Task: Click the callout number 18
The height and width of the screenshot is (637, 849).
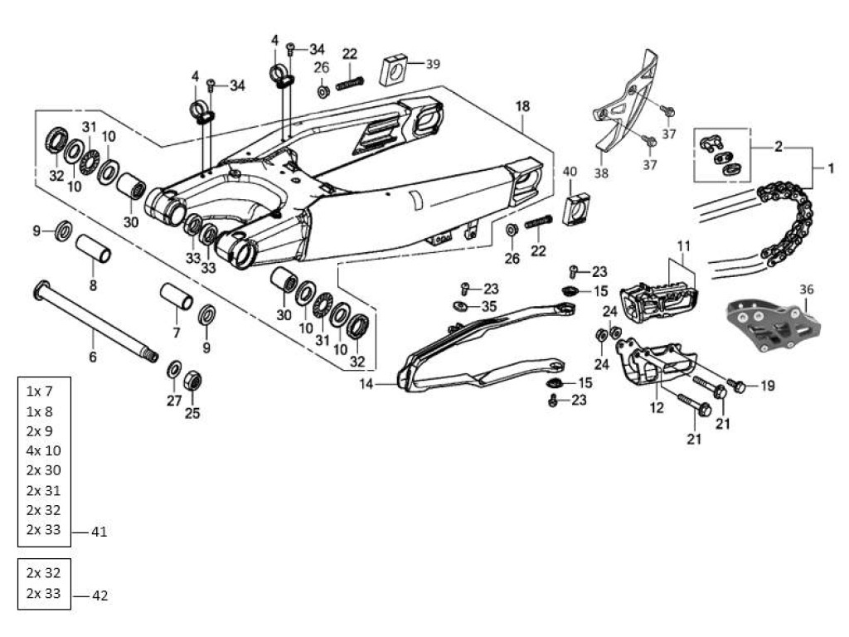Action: click(x=522, y=106)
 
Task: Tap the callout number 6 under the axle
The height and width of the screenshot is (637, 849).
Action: click(x=93, y=357)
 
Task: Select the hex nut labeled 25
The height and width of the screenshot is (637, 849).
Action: click(x=192, y=382)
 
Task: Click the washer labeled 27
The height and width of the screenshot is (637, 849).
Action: click(x=175, y=370)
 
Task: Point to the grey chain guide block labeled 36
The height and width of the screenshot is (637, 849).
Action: click(x=773, y=326)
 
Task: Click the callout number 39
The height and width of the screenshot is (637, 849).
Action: click(x=433, y=64)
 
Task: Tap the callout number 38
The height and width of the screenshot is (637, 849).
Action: click(x=600, y=173)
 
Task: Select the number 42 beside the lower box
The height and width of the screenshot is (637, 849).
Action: click(x=99, y=595)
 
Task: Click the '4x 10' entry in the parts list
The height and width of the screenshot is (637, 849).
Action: click(x=43, y=450)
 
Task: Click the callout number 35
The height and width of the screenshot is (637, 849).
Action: click(x=489, y=306)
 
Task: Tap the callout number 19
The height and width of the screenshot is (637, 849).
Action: click(x=767, y=385)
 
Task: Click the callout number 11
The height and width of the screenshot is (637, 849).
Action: click(x=683, y=246)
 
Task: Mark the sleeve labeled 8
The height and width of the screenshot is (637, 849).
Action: click(x=95, y=249)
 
